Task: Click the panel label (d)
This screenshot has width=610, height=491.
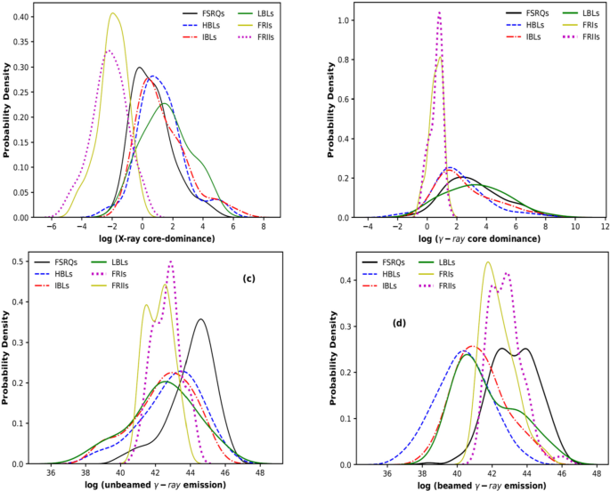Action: click(401, 322)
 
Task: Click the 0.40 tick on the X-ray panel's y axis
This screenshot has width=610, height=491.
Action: click(17, 17)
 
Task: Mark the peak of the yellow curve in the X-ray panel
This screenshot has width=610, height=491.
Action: click(113, 12)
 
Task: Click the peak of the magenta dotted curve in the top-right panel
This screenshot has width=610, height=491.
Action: click(439, 12)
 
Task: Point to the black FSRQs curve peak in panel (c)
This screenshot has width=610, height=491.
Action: click(201, 319)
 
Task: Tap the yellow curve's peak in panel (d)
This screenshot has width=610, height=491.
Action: click(488, 262)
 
